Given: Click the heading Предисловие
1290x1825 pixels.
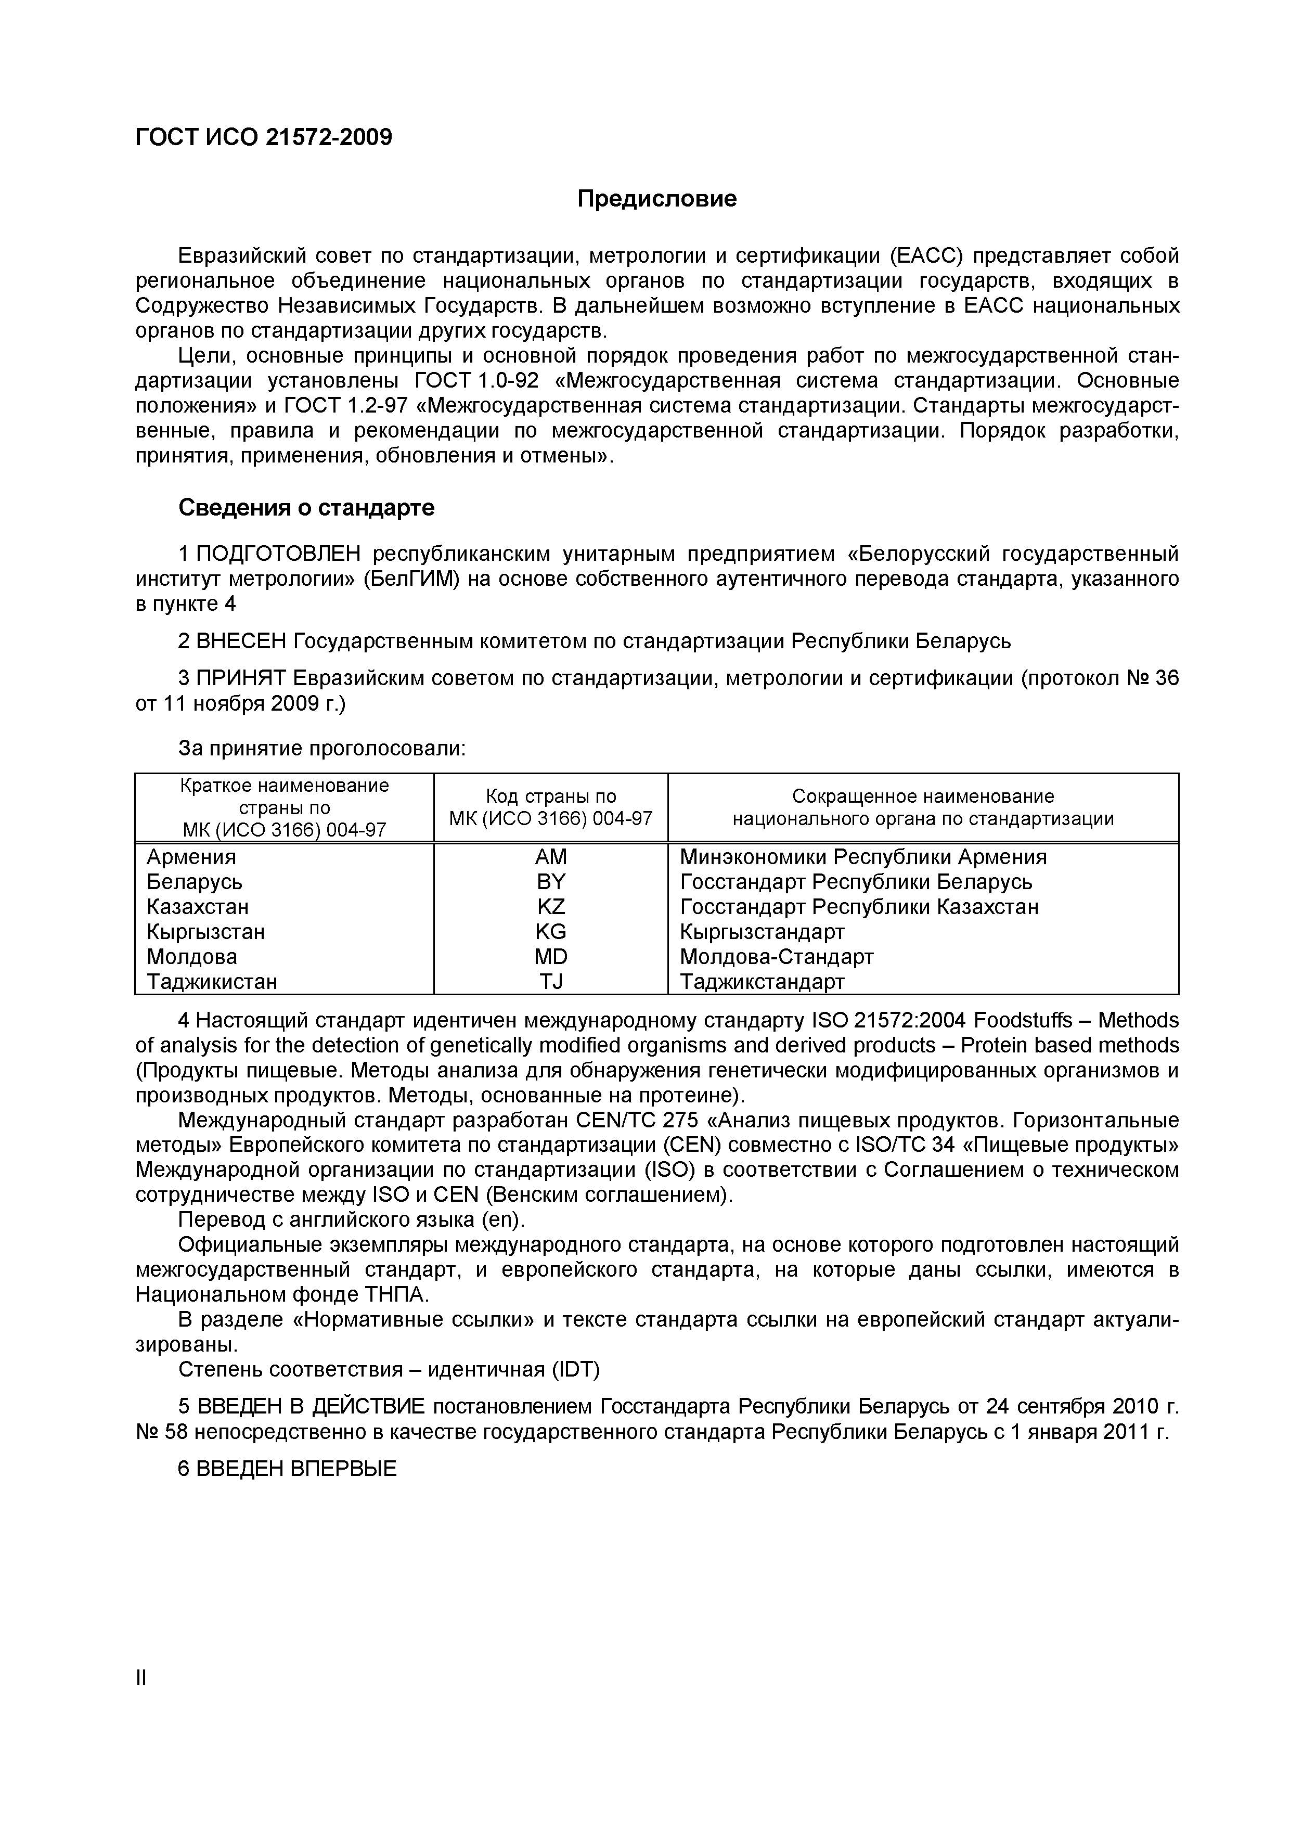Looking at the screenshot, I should tap(656, 199).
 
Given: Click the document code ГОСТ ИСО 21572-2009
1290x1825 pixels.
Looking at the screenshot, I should tap(263, 137).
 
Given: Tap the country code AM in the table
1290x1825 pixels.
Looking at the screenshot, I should tap(551, 857).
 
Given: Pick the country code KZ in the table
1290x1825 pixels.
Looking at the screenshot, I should tap(551, 907).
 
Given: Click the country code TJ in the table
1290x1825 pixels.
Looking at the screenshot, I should tap(551, 982).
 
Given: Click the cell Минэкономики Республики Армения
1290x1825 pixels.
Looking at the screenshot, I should tap(862, 857).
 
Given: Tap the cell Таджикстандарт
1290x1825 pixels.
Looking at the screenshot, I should tap(762, 982).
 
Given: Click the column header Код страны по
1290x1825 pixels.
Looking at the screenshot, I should tap(551, 796).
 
